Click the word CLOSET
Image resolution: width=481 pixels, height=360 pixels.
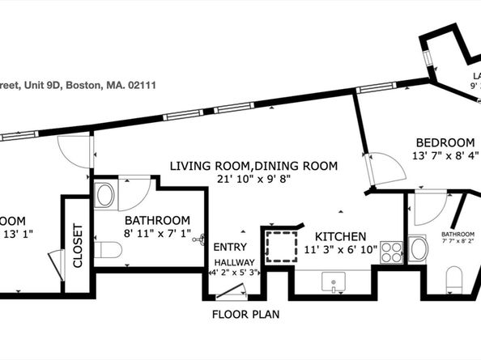79,245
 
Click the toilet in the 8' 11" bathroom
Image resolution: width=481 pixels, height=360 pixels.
107,250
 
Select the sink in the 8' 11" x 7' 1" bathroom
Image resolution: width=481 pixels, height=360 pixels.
104,195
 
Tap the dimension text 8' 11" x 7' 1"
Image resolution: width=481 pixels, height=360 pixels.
157,235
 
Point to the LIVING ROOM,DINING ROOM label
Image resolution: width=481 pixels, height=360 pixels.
253,166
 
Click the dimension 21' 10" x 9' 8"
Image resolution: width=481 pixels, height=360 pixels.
253,180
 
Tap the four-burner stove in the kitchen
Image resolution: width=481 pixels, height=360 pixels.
392,252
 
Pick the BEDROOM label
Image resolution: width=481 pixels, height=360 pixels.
445,141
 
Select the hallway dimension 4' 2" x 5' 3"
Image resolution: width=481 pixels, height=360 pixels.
233,273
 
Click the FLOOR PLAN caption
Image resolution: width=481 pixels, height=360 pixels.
246,314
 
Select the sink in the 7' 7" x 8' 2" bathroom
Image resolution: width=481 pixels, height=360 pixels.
418,248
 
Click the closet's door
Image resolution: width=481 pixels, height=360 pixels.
57,264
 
